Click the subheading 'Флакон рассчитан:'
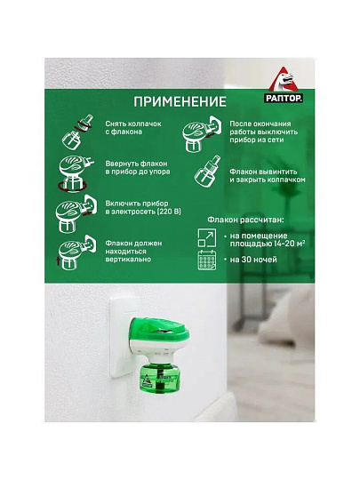coord(241,216)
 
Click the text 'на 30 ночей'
coord(252,261)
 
